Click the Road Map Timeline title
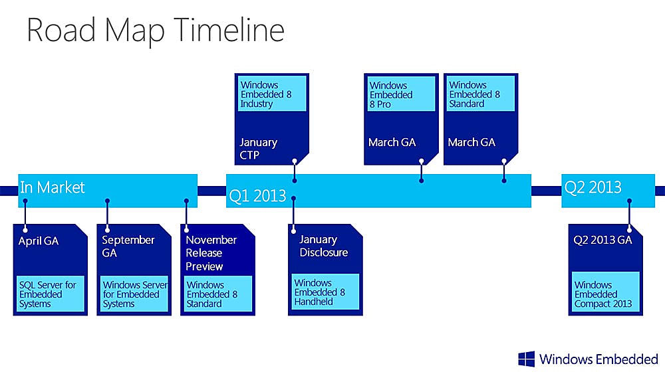pos(155,31)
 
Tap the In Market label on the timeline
pos(52,187)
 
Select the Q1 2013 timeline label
pos(257,196)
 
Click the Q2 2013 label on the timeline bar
pos(593,187)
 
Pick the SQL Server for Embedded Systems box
pos(51,294)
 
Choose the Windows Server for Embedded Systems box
pos(134,294)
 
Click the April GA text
pos(39,241)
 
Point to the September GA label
pos(128,246)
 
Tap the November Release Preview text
pos(211,253)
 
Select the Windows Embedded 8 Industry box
pos(272,94)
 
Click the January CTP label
pos(258,149)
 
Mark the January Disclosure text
pos(324,246)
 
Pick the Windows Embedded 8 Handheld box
pos(325,292)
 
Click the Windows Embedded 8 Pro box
pos(401,94)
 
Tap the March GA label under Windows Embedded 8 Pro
pos(392,142)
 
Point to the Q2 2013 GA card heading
pos(602,240)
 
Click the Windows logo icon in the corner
pos(526,359)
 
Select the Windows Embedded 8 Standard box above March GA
pos(481,94)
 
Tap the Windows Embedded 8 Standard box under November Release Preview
pos(217,294)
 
